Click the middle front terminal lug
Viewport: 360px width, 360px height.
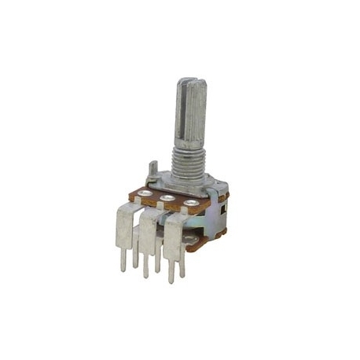[148, 231]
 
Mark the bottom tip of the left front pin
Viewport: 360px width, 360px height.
[123, 270]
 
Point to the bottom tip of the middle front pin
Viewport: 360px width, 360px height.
[145, 276]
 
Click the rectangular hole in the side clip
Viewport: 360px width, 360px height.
[222, 209]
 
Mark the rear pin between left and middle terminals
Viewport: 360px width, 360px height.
[135, 255]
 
